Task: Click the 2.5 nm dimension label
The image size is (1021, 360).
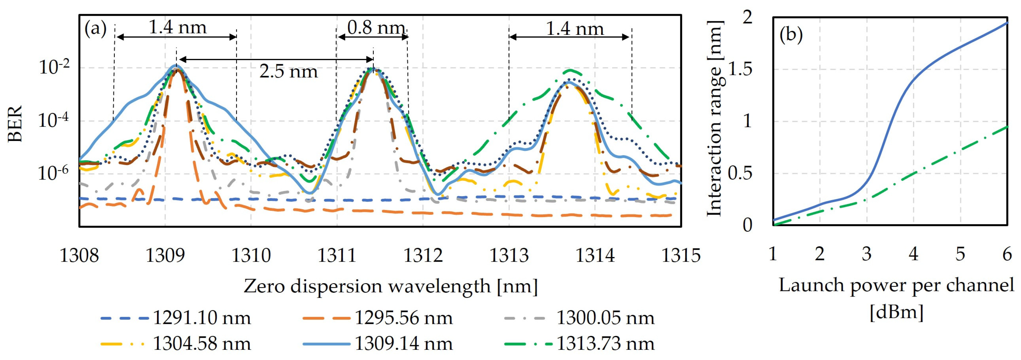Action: [x=288, y=72]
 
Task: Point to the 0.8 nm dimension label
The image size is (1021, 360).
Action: [x=376, y=28]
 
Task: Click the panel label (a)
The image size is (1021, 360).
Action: [x=96, y=29]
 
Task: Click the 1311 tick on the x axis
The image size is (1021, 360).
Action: [x=337, y=255]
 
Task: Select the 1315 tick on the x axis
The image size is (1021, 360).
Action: [x=681, y=255]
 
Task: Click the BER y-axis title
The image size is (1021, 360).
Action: [x=15, y=124]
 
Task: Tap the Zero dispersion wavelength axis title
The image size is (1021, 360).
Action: [x=390, y=286]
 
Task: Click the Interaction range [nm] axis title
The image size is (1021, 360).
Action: [x=716, y=119]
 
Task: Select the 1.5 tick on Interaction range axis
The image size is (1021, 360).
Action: [x=740, y=69]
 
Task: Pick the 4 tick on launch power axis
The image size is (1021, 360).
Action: [x=913, y=254]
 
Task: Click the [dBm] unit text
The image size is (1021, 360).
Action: [x=897, y=312]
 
